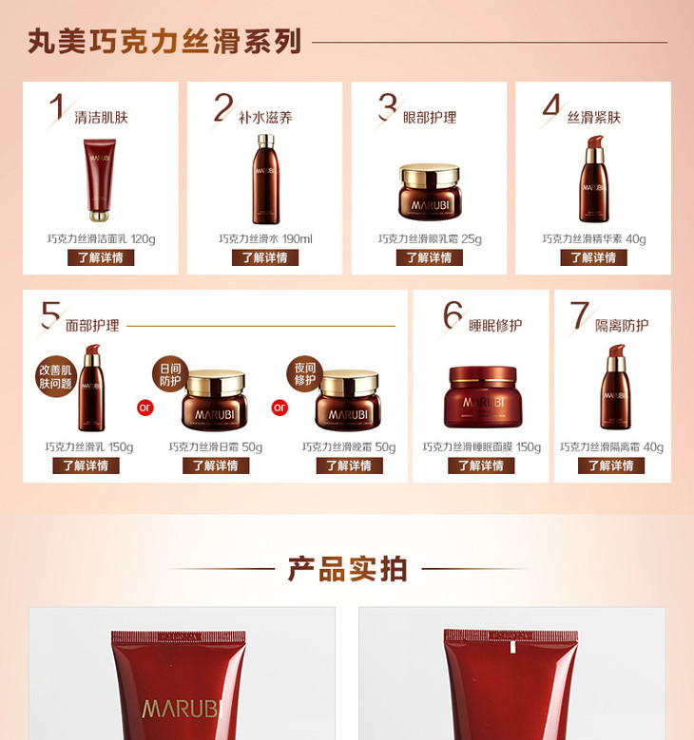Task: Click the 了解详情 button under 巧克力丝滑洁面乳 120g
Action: [101, 257]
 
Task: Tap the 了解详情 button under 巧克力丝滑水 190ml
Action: [265, 257]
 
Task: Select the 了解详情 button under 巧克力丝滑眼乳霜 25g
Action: [429, 257]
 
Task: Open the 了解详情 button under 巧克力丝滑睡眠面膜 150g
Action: [481, 465]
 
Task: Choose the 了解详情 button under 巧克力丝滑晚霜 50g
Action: [350, 465]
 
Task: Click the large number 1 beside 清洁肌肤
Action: [58, 106]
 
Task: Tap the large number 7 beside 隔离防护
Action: [580, 315]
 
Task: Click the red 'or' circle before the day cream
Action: [145, 408]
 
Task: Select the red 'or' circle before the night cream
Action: [280, 408]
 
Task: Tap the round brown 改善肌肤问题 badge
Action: [55, 376]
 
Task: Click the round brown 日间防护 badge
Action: [170, 374]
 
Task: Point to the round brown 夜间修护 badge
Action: [305, 374]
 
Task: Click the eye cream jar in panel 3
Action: [430, 192]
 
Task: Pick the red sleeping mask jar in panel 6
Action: [483, 397]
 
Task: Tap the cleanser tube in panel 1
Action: [100, 180]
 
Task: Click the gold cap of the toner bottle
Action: [266, 142]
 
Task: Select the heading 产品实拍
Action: [348, 569]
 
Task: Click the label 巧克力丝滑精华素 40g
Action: [594, 239]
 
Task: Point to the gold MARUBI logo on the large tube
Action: [182, 709]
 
